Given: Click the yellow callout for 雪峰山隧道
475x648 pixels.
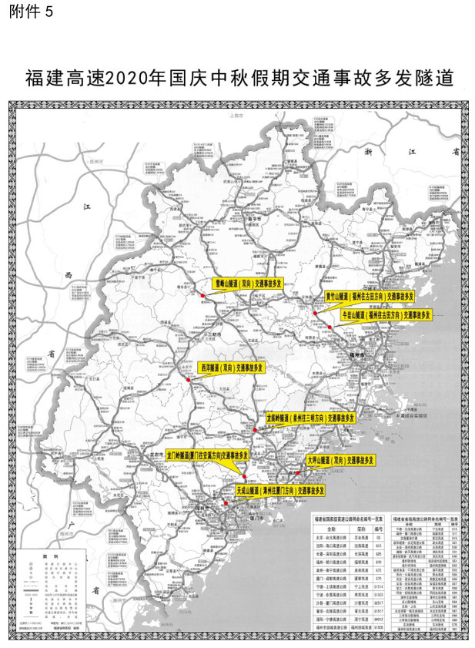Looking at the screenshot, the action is pos(248,284).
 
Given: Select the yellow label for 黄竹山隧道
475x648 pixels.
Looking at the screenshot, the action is pos(369,296).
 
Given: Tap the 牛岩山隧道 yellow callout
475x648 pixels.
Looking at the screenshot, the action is pos(386,314).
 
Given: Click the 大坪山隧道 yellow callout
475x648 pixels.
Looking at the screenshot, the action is pos(340,460).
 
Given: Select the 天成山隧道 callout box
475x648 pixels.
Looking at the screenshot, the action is pos(279,489).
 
